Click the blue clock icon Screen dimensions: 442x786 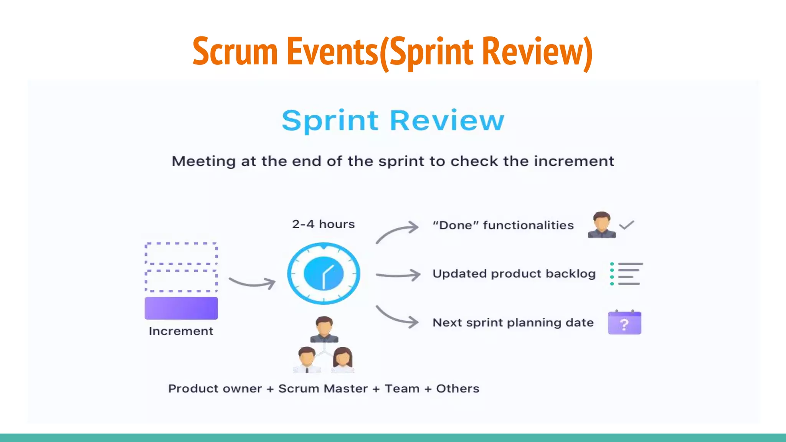pyautogui.click(x=324, y=274)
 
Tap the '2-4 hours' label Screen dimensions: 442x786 pyautogui.click(x=323, y=224)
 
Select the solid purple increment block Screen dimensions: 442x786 pyautogui.click(x=181, y=308)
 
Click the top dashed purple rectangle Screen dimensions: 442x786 pyautogui.click(x=181, y=253)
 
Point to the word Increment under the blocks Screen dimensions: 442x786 pyautogui.click(x=181, y=331)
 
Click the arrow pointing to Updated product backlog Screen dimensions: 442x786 pyautogui.click(x=398, y=275)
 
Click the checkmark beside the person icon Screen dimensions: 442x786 pyautogui.click(x=627, y=225)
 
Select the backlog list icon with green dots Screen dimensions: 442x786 pyautogui.click(x=626, y=274)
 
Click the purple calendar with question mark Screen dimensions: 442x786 pyautogui.click(x=624, y=323)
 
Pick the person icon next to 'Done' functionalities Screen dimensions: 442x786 pyautogui.click(x=601, y=225)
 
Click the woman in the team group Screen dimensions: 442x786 pyautogui.click(x=343, y=360)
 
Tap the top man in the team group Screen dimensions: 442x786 pyautogui.click(x=324, y=329)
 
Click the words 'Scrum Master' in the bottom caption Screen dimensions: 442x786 pyautogui.click(x=323, y=389)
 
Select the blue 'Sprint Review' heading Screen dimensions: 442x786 pyautogui.click(x=393, y=120)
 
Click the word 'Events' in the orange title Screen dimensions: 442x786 pyautogui.click(x=332, y=51)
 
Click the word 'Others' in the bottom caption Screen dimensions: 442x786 pyautogui.click(x=457, y=389)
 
